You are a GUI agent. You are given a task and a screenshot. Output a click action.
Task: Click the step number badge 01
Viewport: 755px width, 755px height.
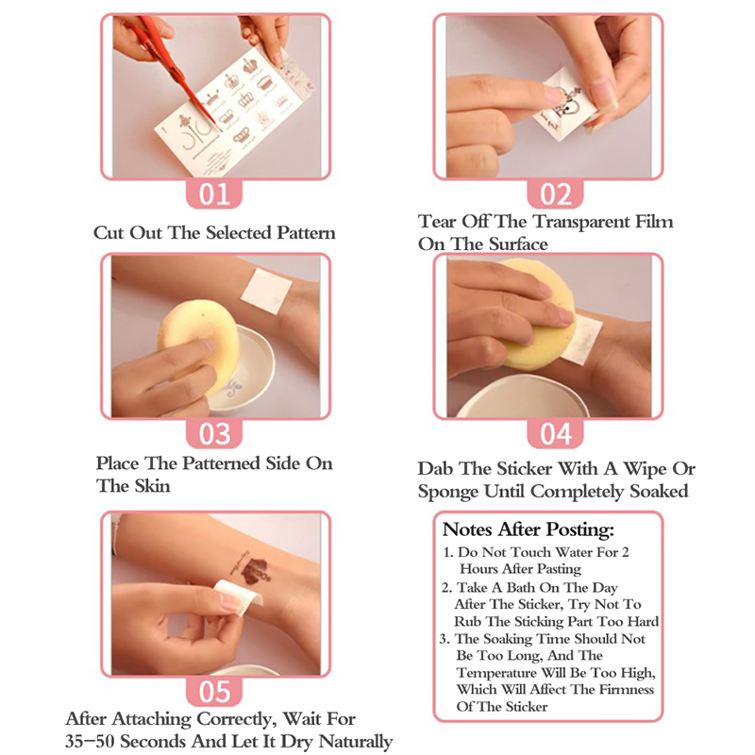[x=214, y=193]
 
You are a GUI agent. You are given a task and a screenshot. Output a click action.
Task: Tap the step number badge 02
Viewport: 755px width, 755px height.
[x=555, y=193]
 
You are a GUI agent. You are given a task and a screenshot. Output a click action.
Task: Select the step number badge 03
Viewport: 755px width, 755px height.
[x=214, y=433]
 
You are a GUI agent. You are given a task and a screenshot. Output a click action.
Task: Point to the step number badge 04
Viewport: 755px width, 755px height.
[x=555, y=433]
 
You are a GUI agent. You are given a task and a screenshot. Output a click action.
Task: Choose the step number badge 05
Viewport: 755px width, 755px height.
[x=214, y=692]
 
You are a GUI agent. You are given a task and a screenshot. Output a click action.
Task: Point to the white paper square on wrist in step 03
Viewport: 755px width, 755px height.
[x=266, y=291]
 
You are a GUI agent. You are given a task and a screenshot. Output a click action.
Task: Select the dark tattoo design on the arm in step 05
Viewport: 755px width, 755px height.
[x=254, y=569]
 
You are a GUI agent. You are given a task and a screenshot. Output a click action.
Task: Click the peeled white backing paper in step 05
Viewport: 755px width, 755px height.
[x=239, y=594]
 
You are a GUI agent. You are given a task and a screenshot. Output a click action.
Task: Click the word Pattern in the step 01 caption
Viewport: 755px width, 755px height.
[x=306, y=233]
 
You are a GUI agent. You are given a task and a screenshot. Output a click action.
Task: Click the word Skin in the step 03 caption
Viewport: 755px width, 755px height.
[x=152, y=486]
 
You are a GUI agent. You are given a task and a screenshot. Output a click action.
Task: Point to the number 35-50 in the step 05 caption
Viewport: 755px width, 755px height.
[x=90, y=742]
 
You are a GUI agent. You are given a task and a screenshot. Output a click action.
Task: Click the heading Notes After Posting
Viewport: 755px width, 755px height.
[x=528, y=529]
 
